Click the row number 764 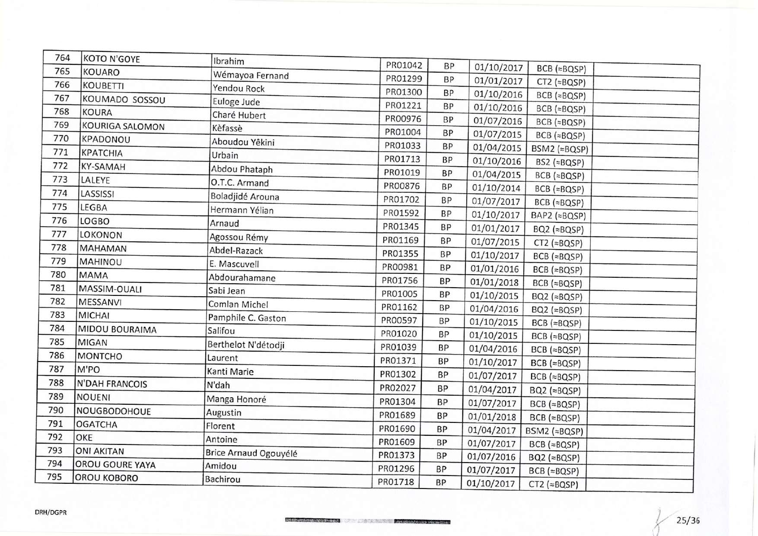click(62, 58)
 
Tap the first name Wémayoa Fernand click(251, 75)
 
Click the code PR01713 click(402, 159)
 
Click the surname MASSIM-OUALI click(110, 289)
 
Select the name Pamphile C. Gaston click(247, 318)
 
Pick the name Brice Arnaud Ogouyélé click(251, 453)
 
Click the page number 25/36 click(688, 520)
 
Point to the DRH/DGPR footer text click(51, 513)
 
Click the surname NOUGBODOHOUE click(114, 411)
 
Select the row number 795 click(54, 477)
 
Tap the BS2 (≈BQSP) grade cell click(560, 162)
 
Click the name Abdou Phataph click(242, 169)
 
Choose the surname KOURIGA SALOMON click(124, 127)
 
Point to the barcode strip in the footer click(368, 521)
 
